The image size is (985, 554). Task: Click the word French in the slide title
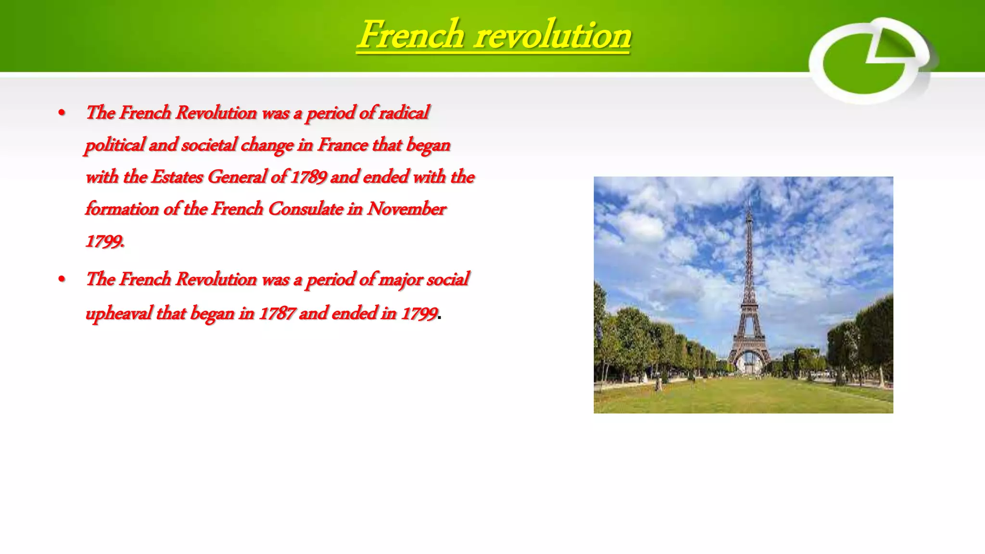411,35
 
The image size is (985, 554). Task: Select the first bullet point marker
62,113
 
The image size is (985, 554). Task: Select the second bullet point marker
62,279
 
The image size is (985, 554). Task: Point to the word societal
209,145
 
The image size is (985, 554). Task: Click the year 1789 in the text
309,177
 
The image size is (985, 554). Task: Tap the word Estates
177,177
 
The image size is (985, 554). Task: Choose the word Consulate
305,209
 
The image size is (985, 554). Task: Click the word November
406,209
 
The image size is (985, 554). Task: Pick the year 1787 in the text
277,314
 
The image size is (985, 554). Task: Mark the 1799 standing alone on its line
104,241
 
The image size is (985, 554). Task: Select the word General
237,177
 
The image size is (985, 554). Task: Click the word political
114,145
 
